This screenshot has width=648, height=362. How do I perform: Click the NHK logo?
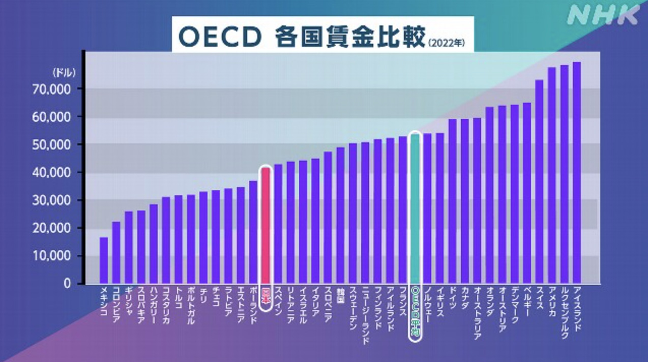pos(603,16)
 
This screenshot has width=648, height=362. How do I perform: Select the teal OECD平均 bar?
pos(415,208)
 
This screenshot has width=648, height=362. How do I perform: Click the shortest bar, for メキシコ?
pos(104,260)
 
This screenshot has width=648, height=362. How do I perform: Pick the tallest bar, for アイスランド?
pos(577,173)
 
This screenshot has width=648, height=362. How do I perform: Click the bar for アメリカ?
pos(552,175)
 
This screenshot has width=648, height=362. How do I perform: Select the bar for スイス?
pos(539,182)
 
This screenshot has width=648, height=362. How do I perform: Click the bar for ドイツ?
pos(452,201)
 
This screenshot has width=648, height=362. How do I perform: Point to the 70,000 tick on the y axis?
pos(62,89)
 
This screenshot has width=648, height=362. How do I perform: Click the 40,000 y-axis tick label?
pos(62,172)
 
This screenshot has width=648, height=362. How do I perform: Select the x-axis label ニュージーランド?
pos(365,316)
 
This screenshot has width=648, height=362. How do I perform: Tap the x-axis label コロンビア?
pos(116,305)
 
